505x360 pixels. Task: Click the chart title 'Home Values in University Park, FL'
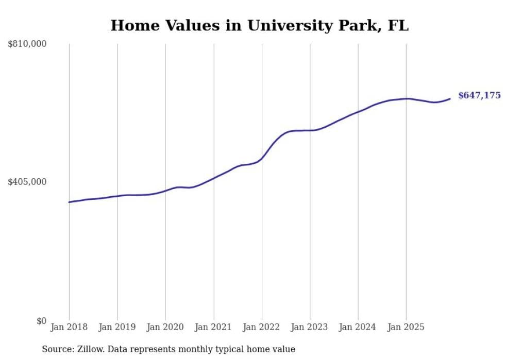coord(259,25)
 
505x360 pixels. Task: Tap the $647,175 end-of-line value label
coord(479,95)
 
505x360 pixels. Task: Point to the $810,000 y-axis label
coord(27,44)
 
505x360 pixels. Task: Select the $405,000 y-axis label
coord(27,182)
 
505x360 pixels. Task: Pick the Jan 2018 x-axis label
coord(69,327)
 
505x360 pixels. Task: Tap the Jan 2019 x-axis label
coord(117,327)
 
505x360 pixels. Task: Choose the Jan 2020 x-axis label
coord(165,327)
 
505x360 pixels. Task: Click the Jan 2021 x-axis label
coord(213,327)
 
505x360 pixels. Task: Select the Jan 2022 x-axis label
coord(262,327)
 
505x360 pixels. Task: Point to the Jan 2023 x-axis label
coord(310,327)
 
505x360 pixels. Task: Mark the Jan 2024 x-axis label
coord(358,327)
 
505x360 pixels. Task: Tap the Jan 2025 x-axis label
coord(406,327)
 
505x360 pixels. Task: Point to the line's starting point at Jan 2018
coord(69,202)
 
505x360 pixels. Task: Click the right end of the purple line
coord(450,99)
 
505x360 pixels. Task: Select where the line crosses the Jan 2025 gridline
coord(406,98)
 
